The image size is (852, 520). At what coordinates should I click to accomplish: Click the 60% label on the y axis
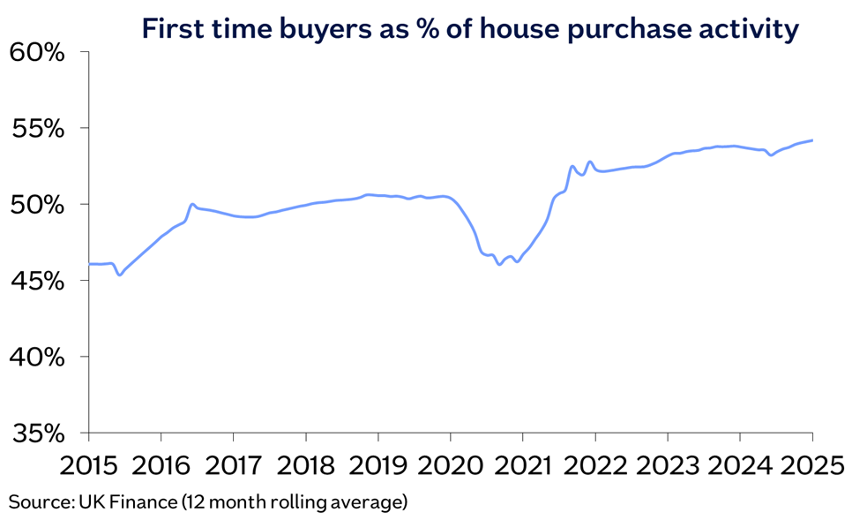click(38, 53)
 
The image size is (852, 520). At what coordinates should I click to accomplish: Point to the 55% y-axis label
click(38, 129)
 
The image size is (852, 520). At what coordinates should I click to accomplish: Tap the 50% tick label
click(38, 205)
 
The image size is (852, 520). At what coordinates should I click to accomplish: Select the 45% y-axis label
click(38, 282)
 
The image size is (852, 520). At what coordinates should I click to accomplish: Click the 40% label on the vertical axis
click(38, 358)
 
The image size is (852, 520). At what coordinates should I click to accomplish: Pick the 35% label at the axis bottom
click(38, 433)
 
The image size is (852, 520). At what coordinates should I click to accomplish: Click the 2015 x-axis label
click(88, 465)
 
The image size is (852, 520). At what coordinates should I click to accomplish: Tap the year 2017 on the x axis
click(233, 465)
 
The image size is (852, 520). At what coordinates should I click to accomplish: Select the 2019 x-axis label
click(378, 465)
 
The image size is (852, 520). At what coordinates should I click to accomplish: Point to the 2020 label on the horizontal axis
click(451, 465)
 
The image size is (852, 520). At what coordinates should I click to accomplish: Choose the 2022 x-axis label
click(595, 465)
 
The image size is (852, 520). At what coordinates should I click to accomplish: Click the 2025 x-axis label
click(813, 465)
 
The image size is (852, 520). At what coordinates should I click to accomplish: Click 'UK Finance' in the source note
click(128, 501)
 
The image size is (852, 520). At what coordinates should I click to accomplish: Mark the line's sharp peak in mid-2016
click(192, 204)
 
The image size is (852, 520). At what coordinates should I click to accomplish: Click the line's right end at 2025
click(812, 140)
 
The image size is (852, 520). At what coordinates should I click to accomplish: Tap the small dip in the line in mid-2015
click(120, 275)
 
